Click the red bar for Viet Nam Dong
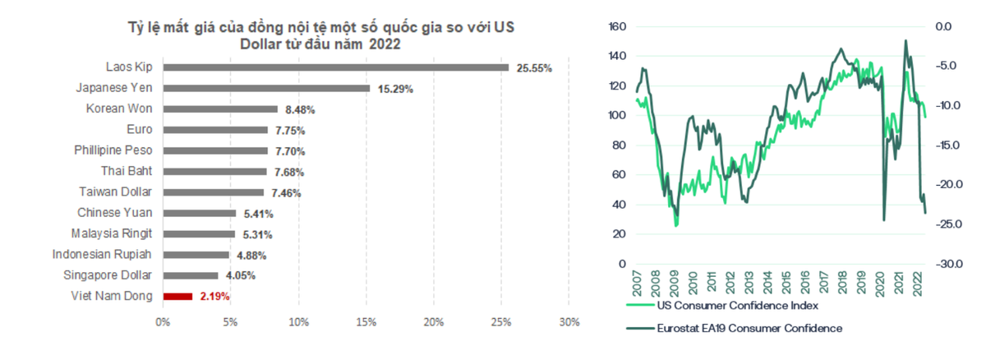pos(177,296)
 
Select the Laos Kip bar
pos(335,67)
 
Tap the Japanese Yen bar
pos(266,88)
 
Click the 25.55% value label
pos(534,68)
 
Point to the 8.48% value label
pos(300,109)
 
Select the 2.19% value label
pos(214,297)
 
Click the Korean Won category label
pos(120,108)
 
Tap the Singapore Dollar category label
pos(108,275)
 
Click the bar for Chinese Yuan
pos(199,213)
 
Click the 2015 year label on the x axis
pos(786,282)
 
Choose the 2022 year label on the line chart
pos(920,282)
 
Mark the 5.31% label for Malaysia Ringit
pos(256,234)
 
